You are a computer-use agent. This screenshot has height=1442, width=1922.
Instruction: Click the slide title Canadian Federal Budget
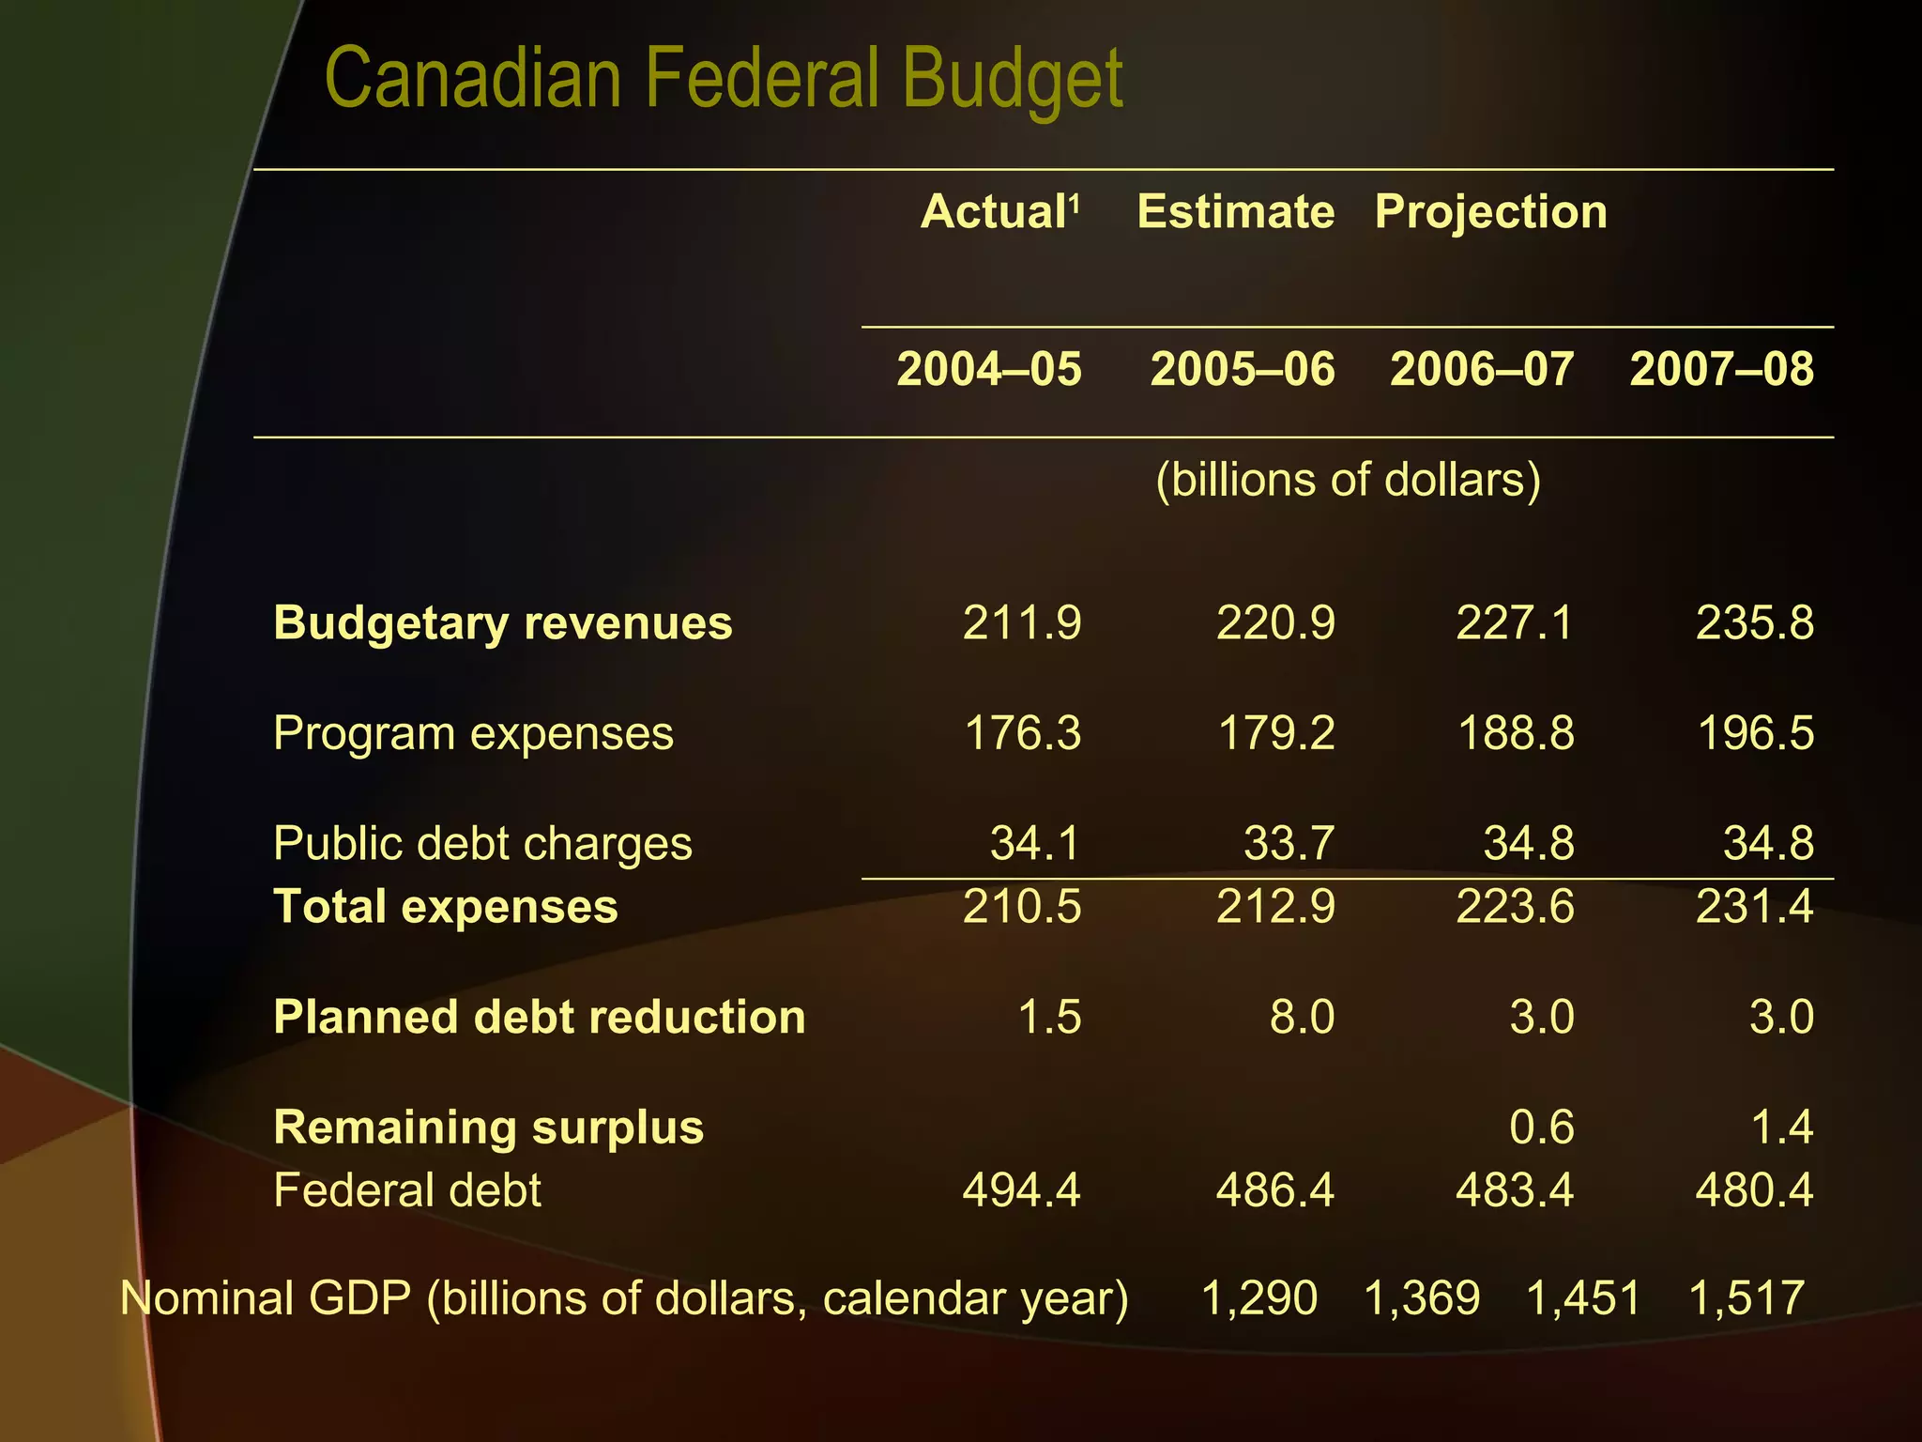pos(723,80)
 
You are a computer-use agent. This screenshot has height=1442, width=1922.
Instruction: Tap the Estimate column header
pos(1235,211)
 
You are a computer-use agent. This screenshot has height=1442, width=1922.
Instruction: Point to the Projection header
pos(1490,211)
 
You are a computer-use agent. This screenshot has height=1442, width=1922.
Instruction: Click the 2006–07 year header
pos(1482,369)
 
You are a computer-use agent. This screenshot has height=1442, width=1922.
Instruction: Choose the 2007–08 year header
pos(1721,369)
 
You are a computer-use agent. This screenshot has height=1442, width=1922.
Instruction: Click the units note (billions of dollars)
pos(1348,480)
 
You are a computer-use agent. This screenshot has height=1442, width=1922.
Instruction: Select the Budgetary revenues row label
pos(502,623)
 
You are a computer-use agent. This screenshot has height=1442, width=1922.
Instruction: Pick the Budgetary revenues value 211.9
pos(1021,623)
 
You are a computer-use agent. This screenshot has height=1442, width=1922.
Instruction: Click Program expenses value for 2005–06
pos(1275,733)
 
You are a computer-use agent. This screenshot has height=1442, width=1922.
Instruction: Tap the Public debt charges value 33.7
pos(1288,843)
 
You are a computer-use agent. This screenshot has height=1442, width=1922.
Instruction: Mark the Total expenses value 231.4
pos(1754,907)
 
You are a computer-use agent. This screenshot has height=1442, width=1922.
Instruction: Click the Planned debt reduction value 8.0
pos(1301,1018)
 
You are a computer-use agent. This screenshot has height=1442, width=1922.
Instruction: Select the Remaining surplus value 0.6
pos(1541,1127)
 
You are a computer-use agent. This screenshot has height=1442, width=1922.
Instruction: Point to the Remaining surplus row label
pos(488,1128)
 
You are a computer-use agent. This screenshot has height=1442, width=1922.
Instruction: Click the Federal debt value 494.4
pos(1021,1190)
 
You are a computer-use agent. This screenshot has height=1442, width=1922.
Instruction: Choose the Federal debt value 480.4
pos(1754,1190)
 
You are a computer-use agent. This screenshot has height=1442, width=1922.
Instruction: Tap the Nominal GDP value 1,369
pos(1421,1298)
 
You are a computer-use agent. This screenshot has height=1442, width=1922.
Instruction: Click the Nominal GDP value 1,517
pos(1746,1298)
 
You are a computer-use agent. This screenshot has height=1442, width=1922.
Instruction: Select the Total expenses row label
pos(446,907)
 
